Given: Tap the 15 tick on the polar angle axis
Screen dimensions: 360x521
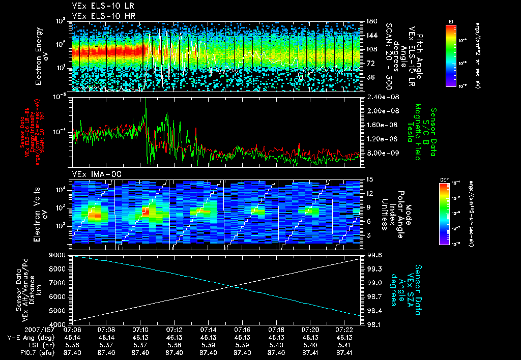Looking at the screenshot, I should tap(366, 179).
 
